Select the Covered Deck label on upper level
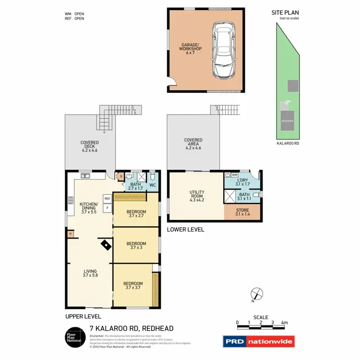tap(90, 145)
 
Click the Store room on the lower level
tap(242, 212)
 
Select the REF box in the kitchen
tap(107, 198)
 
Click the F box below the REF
tap(107, 208)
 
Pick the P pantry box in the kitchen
tap(71, 234)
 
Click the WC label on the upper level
tap(153, 185)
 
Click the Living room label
tap(90, 273)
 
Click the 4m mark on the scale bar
tap(284, 323)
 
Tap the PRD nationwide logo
tap(259, 341)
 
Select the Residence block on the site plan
tap(287, 121)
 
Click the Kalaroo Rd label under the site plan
tap(288, 143)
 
